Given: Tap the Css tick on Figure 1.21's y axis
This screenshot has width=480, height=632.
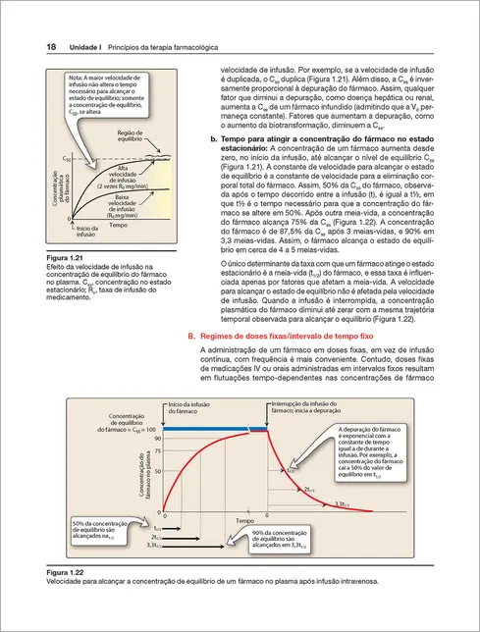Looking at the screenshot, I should point(67,157).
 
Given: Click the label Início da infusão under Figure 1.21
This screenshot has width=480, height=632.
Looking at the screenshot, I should point(90,258).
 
